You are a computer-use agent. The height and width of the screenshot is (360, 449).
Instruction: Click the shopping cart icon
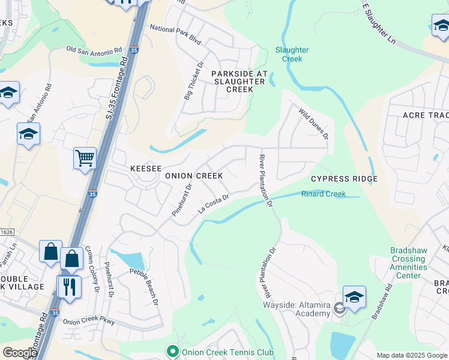(x=85, y=159)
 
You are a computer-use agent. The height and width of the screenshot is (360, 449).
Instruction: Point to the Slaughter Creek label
(x=292, y=55)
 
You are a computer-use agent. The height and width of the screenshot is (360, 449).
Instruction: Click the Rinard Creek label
(x=323, y=194)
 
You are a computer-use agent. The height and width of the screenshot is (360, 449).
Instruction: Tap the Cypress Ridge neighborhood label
(x=344, y=179)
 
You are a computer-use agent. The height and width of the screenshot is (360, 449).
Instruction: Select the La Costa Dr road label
(x=214, y=204)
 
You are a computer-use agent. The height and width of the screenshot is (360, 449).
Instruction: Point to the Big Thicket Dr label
(x=194, y=80)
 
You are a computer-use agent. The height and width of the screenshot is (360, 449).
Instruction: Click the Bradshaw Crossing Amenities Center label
(x=409, y=263)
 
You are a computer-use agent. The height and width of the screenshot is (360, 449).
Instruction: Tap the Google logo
(x=19, y=353)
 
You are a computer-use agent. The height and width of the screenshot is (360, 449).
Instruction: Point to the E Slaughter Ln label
(x=379, y=23)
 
